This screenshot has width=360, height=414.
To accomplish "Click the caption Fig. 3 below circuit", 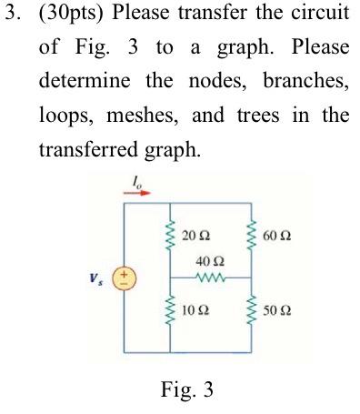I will click(x=187, y=390).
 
